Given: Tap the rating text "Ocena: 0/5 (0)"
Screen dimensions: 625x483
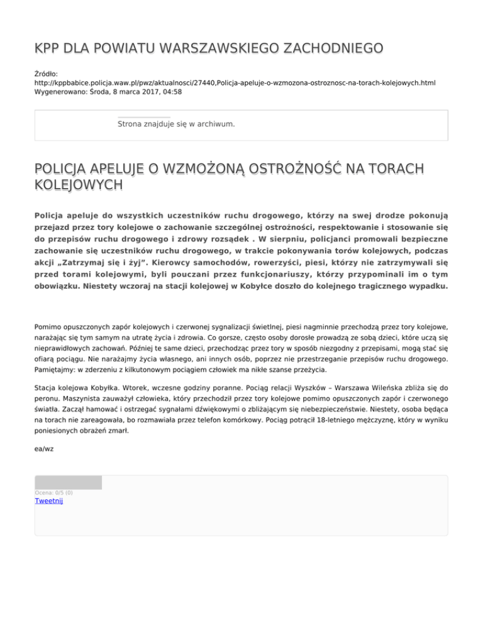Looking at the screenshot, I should [x=53, y=492].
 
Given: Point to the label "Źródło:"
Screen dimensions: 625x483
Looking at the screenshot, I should [x=47, y=74].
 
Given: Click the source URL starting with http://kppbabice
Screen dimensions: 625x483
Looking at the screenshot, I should [x=234, y=82].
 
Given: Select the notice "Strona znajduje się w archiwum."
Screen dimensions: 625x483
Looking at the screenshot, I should [x=176, y=124].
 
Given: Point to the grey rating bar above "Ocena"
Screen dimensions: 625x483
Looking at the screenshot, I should [x=68, y=482].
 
